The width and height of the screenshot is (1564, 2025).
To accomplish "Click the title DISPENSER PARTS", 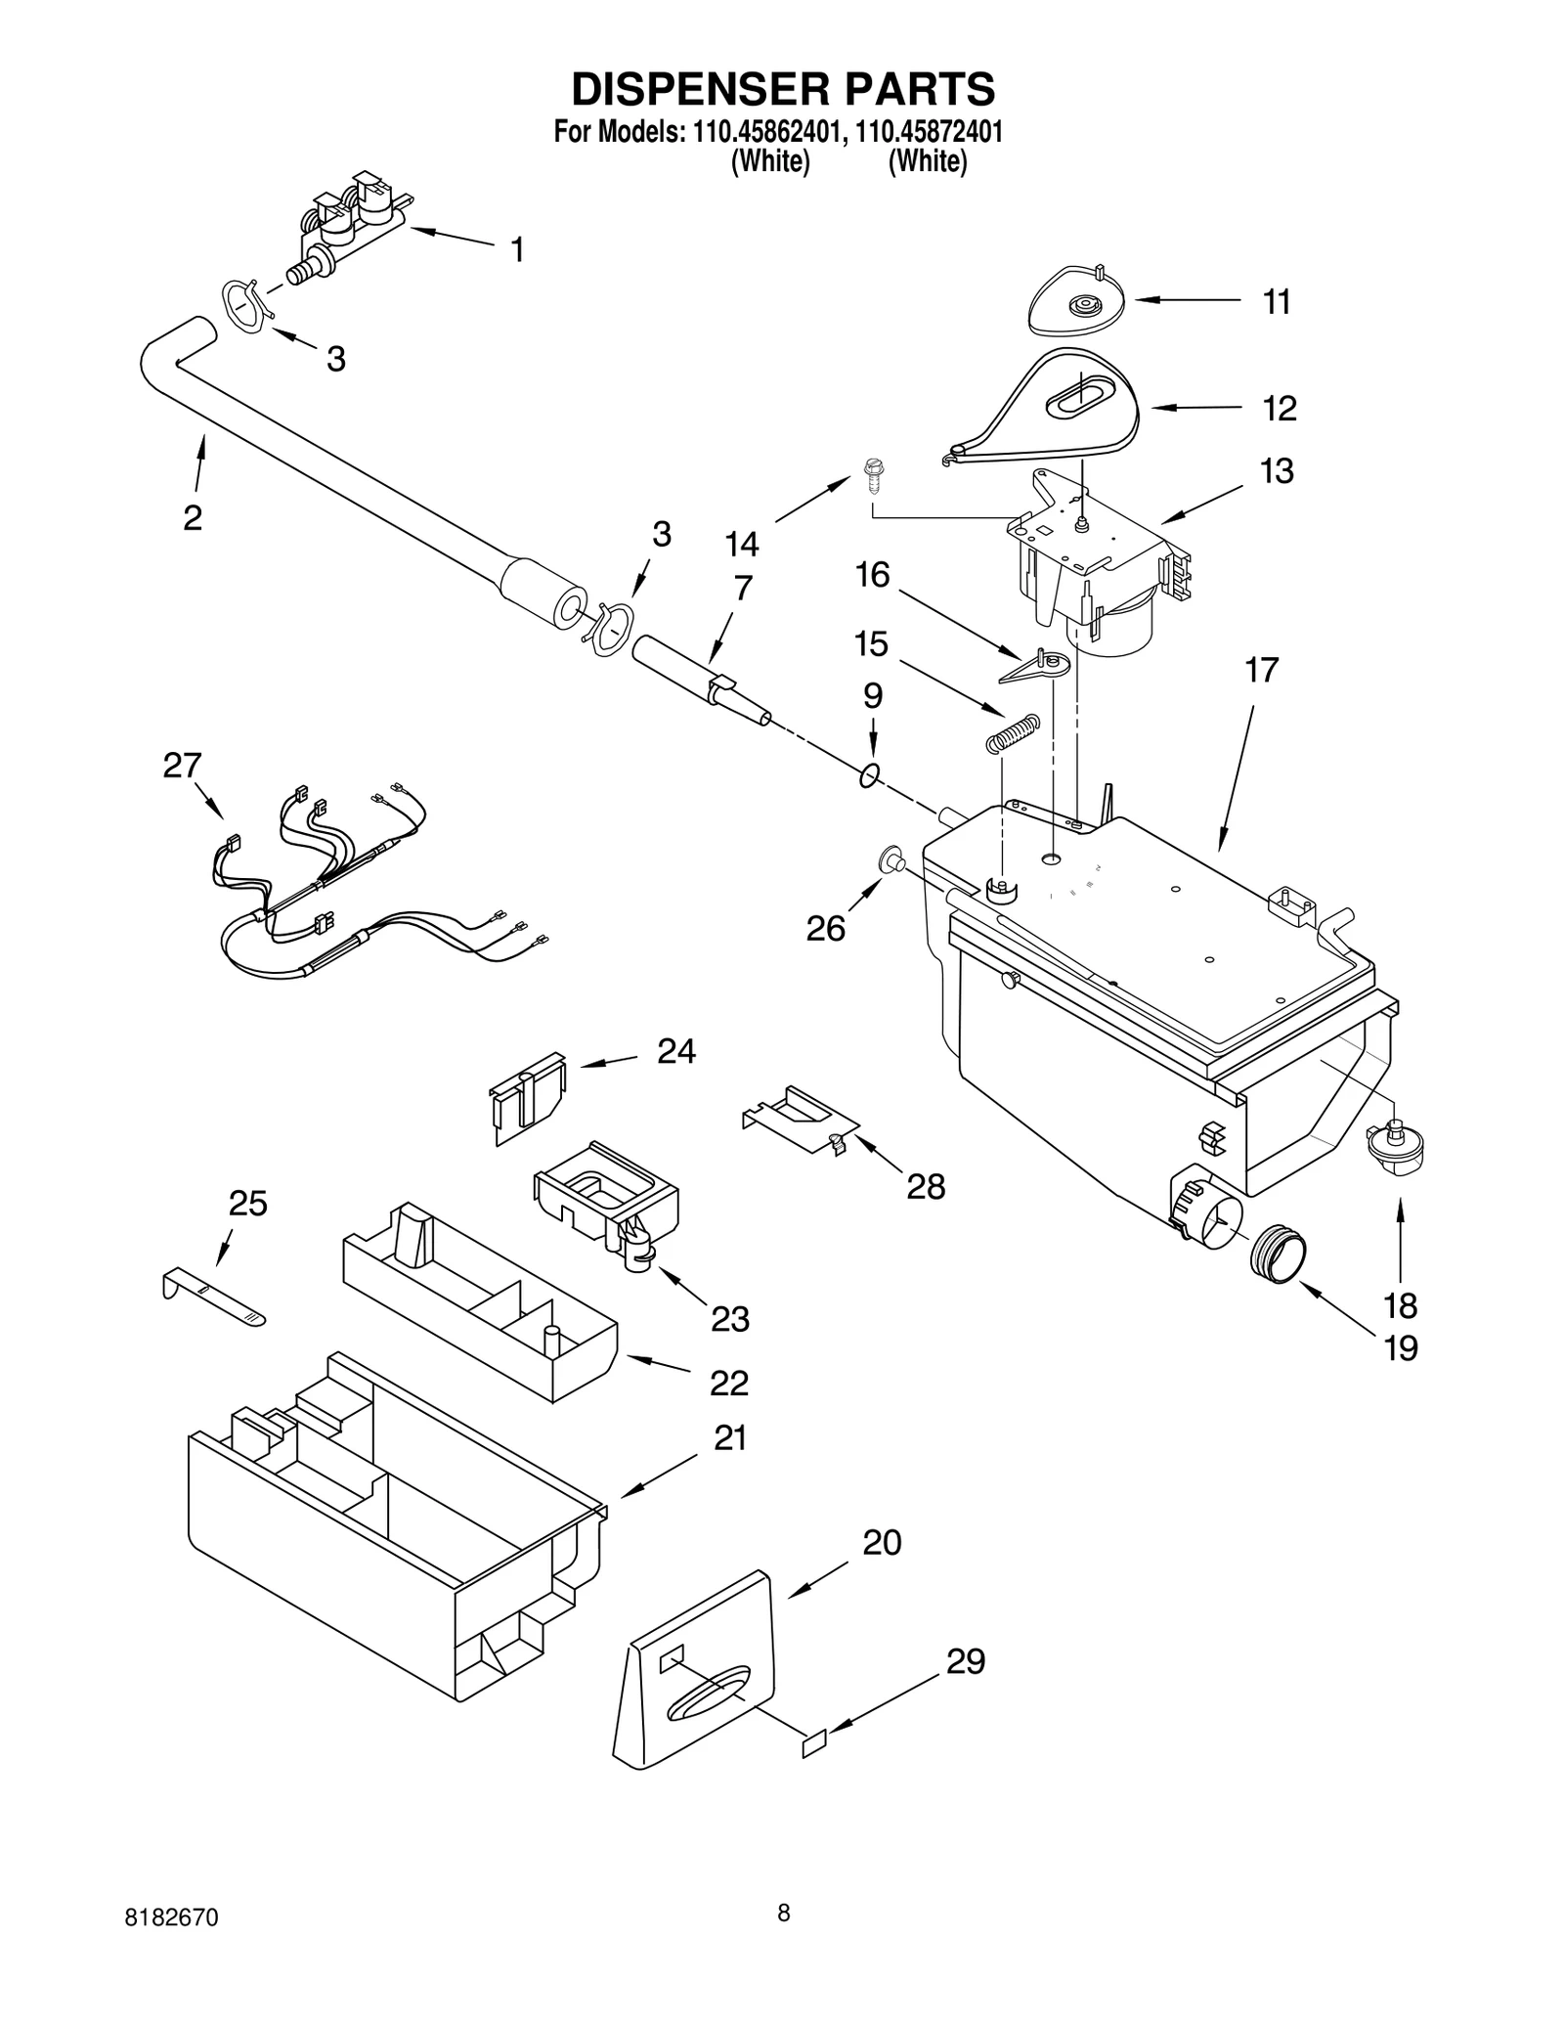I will click(x=782, y=89).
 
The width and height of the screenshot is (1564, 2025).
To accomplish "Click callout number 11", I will click(x=1276, y=302).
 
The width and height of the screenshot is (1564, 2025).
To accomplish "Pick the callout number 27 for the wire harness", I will click(x=182, y=766).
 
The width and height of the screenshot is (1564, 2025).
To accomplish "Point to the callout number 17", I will click(x=1261, y=671).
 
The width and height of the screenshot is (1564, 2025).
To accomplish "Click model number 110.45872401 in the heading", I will click(x=929, y=132).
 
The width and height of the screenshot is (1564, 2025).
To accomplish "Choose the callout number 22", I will click(x=728, y=1382).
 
